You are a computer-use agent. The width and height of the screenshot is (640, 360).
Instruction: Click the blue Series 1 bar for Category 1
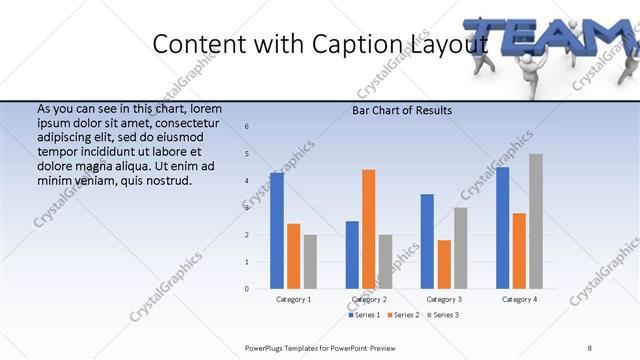pyautogui.click(x=277, y=231)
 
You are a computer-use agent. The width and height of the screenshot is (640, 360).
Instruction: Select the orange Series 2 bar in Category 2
pyautogui.click(x=369, y=229)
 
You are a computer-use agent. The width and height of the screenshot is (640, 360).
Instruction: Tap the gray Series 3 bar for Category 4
pyautogui.click(x=536, y=221)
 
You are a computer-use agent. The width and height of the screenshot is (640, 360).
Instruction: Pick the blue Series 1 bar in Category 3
pyautogui.click(x=427, y=241)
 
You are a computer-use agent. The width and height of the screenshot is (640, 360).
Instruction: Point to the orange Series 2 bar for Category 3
pyautogui.click(x=444, y=264)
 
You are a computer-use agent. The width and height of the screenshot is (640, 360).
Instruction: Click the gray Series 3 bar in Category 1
pyautogui.click(x=310, y=261)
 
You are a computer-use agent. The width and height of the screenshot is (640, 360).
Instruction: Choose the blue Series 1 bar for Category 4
pyautogui.click(x=502, y=228)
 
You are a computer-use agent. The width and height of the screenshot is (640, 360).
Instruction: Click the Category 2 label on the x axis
pyautogui.click(x=369, y=299)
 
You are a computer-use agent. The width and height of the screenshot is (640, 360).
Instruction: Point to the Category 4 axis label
pyautogui.click(x=519, y=299)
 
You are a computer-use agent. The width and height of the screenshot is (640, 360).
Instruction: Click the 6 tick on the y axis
pyautogui.click(x=247, y=127)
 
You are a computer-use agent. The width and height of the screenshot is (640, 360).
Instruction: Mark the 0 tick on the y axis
pyautogui.click(x=247, y=289)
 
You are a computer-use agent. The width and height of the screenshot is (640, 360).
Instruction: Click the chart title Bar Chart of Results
pyautogui.click(x=402, y=110)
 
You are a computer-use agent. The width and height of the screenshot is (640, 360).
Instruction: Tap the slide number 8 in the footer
pyautogui.click(x=590, y=347)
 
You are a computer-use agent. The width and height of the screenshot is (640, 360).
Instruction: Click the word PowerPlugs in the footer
pyautogui.click(x=263, y=347)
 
